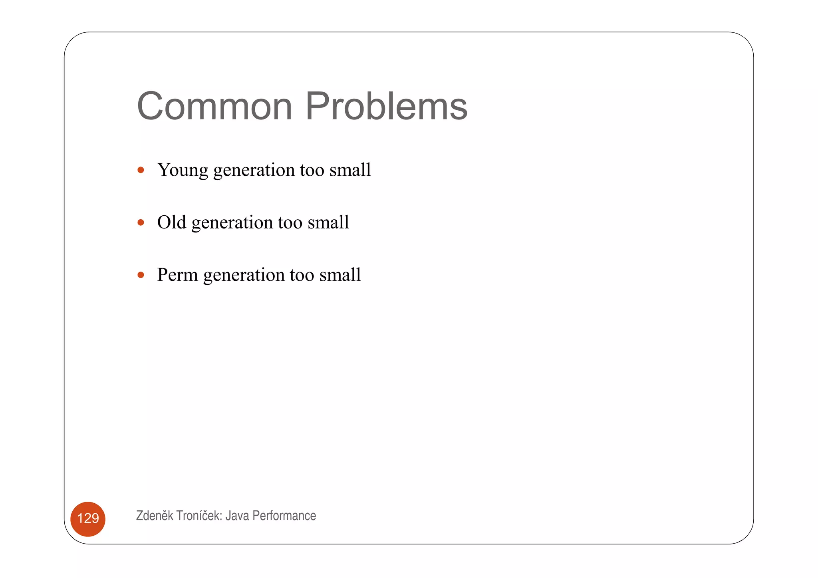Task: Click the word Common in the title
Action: click(x=214, y=106)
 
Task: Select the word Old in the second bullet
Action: click(x=171, y=222)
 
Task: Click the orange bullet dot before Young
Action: click(x=141, y=170)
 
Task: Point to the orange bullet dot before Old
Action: click(x=141, y=222)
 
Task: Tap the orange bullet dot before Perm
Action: click(x=141, y=275)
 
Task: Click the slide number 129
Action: click(x=88, y=518)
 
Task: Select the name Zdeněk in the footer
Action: click(x=155, y=516)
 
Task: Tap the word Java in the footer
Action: click(x=237, y=516)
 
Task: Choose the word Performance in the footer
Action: click(x=284, y=516)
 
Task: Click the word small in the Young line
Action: click(x=350, y=170)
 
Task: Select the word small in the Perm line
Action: click(x=340, y=275)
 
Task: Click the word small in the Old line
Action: click(x=328, y=222)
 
